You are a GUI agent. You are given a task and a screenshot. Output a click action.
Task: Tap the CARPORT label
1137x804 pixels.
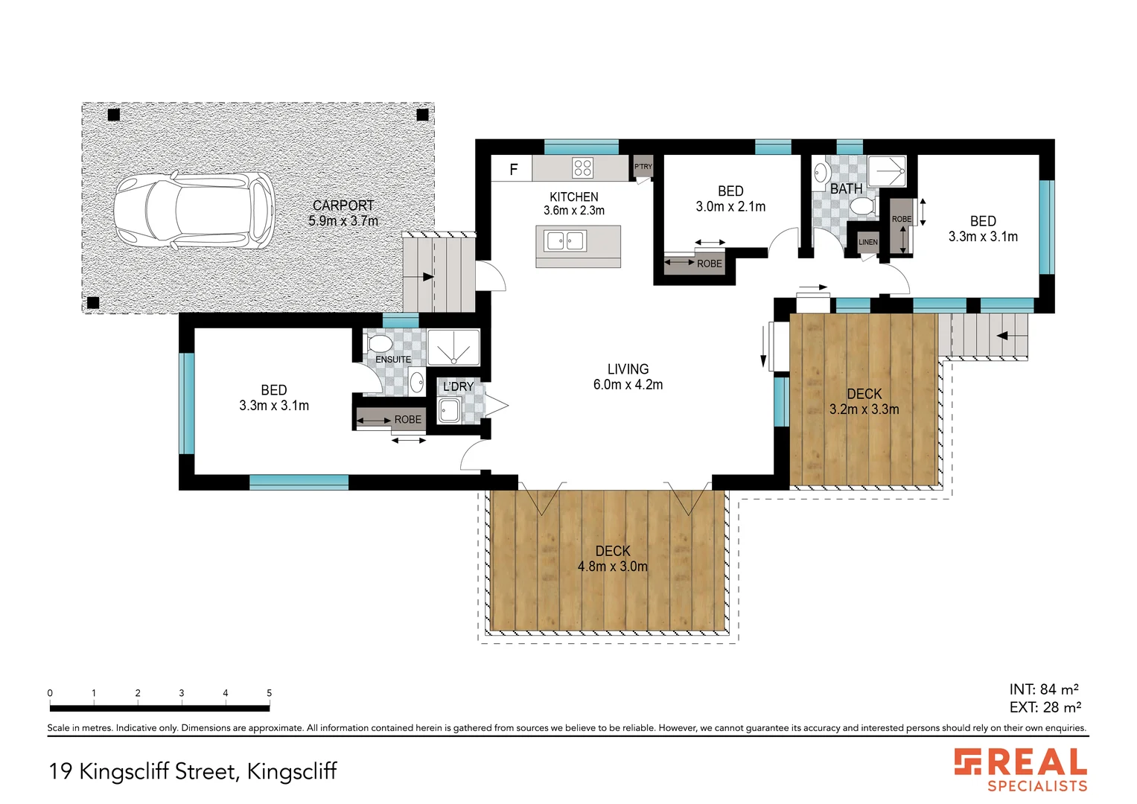pyautogui.click(x=343, y=205)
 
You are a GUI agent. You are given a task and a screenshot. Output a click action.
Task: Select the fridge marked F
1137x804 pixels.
pyautogui.click(x=513, y=170)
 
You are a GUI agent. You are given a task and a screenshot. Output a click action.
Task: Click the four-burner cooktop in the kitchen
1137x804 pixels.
pyautogui.click(x=582, y=168)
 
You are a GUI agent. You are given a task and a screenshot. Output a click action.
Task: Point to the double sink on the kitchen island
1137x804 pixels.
pyautogui.click(x=565, y=241)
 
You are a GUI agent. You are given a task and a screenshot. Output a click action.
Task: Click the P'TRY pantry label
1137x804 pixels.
pyautogui.click(x=643, y=167)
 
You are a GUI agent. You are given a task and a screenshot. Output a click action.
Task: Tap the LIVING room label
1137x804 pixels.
pyautogui.click(x=628, y=369)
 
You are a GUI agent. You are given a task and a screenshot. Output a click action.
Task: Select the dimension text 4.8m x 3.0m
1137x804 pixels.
pyautogui.click(x=612, y=567)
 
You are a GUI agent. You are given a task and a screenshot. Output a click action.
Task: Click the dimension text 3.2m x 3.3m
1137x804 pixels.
pyautogui.click(x=864, y=409)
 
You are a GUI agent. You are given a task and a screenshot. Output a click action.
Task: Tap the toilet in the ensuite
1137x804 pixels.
pyautogui.click(x=378, y=343)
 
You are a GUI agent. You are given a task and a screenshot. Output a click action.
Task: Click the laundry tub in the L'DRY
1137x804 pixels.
pyautogui.click(x=449, y=410)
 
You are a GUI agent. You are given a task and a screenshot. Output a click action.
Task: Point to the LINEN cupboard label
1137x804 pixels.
pyautogui.click(x=868, y=242)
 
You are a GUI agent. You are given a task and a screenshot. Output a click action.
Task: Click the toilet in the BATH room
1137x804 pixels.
pyautogui.click(x=862, y=206)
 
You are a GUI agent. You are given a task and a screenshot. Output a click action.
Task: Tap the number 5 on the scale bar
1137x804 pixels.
pyautogui.click(x=269, y=693)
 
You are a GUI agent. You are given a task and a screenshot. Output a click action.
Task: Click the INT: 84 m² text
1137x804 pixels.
pyautogui.click(x=1044, y=689)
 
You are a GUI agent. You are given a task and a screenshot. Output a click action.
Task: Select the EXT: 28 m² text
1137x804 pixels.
pyautogui.click(x=1045, y=707)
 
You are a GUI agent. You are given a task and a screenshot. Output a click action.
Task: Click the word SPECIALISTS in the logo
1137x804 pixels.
pyautogui.click(x=1037, y=785)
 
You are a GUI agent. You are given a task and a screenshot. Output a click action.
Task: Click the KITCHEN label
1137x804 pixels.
pyautogui.click(x=573, y=197)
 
